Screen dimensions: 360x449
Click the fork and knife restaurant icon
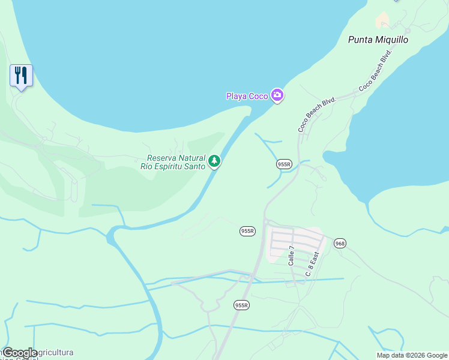click(x=21, y=76)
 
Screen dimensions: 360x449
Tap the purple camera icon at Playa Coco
click(x=277, y=95)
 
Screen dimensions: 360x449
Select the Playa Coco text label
click(x=247, y=96)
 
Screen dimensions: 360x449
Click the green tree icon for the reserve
click(x=214, y=161)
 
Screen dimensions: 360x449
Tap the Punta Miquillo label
click(x=378, y=40)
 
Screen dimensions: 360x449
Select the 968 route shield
click(x=340, y=243)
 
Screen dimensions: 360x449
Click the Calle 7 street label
click(x=292, y=256)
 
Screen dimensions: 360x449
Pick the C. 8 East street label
click(x=312, y=264)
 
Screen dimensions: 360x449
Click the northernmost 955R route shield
click(x=284, y=164)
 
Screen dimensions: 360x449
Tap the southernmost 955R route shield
click(x=241, y=305)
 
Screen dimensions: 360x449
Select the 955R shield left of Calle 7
click(x=247, y=231)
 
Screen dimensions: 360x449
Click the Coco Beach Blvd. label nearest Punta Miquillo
click(x=375, y=70)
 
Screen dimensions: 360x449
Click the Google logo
click(x=20, y=352)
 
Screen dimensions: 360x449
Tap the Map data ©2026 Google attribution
click(x=412, y=355)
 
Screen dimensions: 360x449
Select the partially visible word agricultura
click(x=53, y=352)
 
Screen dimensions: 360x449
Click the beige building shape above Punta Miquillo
click(x=382, y=20)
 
